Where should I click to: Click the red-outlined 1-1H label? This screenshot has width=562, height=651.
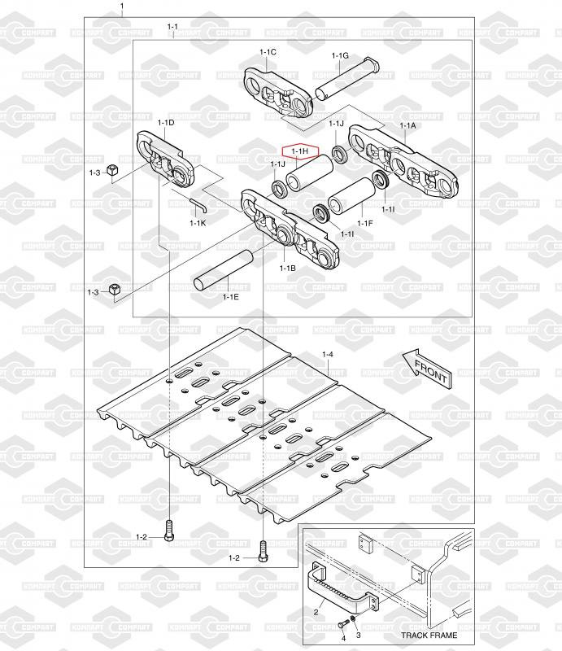click(x=300, y=151)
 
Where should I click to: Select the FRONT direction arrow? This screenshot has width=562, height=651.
click(x=428, y=369)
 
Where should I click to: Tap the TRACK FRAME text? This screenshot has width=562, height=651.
click(x=429, y=635)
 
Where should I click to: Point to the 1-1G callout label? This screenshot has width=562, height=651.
click(x=340, y=55)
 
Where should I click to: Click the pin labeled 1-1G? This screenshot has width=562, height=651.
click(x=347, y=79)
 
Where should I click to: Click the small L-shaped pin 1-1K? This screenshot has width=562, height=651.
click(x=197, y=204)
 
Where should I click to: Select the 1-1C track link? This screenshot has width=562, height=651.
click(x=277, y=93)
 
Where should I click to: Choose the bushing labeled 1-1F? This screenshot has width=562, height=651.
click(x=352, y=196)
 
